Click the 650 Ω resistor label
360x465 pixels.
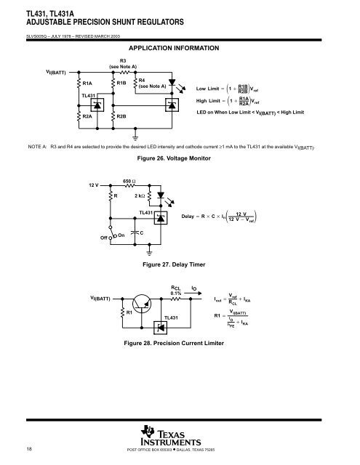pyautogui.click(x=129, y=180)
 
